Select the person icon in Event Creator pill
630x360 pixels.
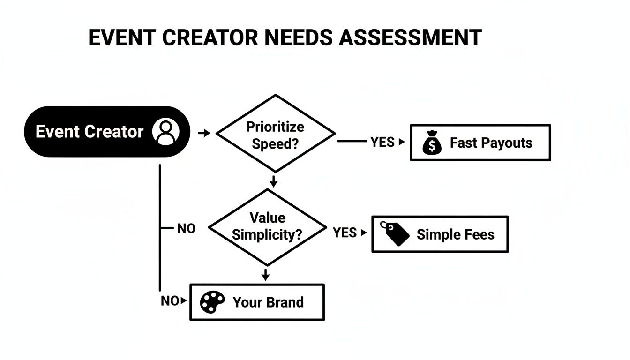166,131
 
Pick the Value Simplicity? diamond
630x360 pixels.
267,227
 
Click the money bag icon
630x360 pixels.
432,143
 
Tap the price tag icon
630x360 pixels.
395,233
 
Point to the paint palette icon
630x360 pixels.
212,302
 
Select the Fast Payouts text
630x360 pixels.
491,143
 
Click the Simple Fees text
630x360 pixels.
455,234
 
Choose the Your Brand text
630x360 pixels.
268,302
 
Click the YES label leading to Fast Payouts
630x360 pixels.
382,142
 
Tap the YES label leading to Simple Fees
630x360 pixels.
345,232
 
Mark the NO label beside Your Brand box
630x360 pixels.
170,301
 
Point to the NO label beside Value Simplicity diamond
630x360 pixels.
186,229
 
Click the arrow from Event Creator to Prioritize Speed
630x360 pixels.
204,134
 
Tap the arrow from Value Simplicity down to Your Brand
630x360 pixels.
266,275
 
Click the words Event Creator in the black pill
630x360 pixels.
90,132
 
